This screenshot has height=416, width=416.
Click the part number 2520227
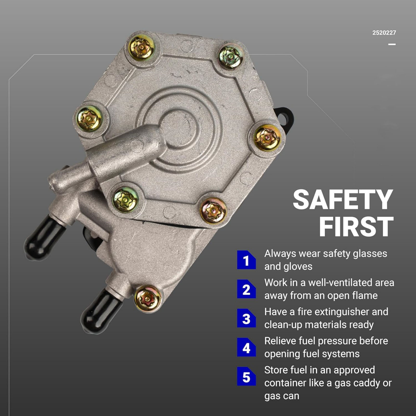pyautogui.click(x=384, y=33)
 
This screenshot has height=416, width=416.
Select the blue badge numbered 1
pyautogui.click(x=246, y=260)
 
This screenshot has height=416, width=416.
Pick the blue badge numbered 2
pyautogui.click(x=246, y=289)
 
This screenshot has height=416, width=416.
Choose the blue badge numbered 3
pyautogui.click(x=246, y=318)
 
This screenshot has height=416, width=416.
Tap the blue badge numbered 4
pyautogui.click(x=246, y=347)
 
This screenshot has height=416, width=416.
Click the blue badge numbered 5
pyautogui.click(x=246, y=376)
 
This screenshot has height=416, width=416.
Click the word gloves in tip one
pyautogui.click(x=298, y=267)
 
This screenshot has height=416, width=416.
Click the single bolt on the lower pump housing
pyautogui.click(x=147, y=299)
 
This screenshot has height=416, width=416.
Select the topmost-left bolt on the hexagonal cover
pyautogui.click(x=142, y=48)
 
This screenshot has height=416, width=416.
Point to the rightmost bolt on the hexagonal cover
pyautogui.click(x=267, y=138)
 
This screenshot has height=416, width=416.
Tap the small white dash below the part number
pyautogui.click(x=392, y=44)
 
